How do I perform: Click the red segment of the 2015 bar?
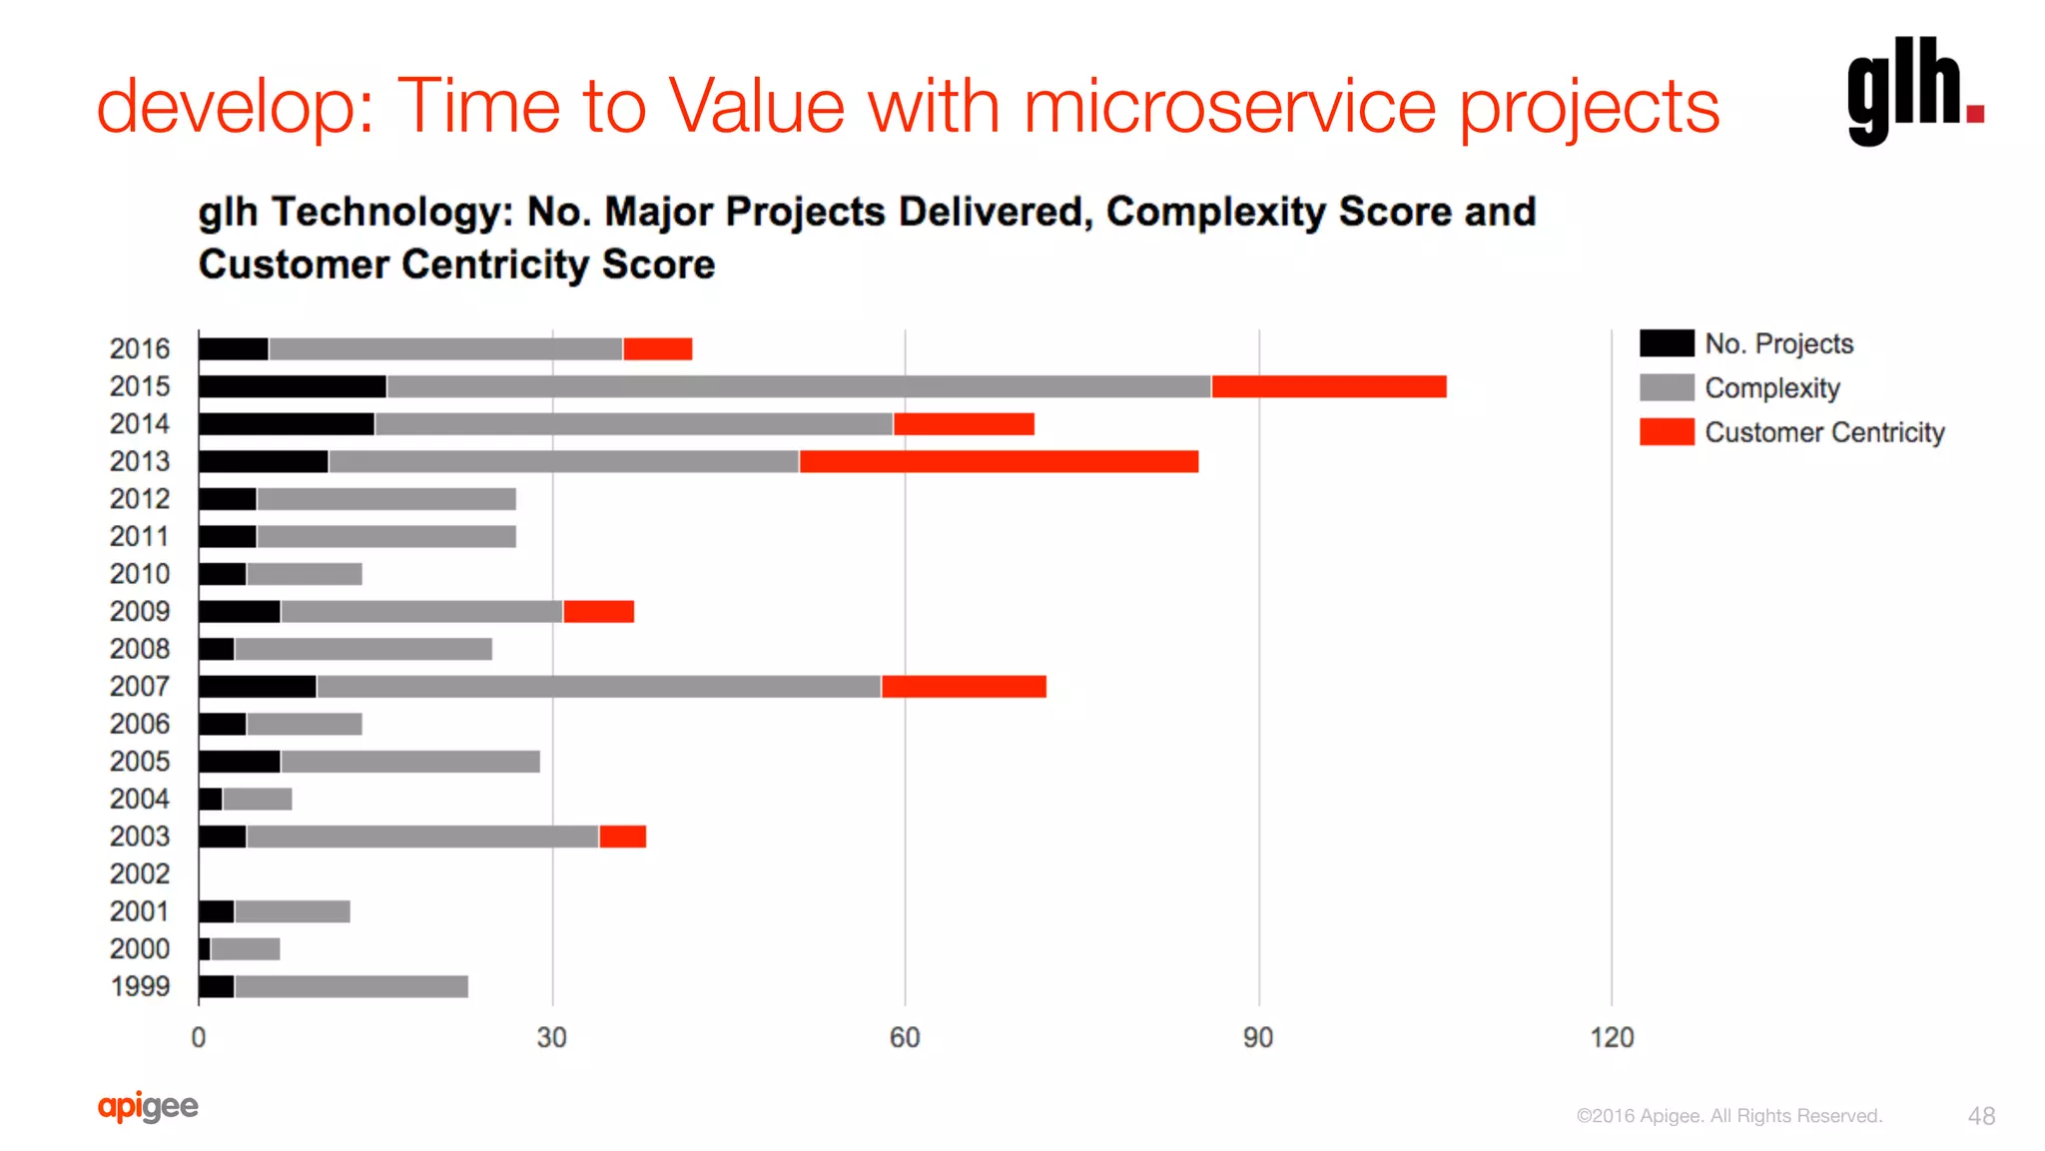(1328, 386)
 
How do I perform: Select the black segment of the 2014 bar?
(287, 424)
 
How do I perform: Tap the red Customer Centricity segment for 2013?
(999, 461)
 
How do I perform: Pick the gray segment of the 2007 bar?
(599, 687)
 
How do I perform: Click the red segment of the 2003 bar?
(622, 837)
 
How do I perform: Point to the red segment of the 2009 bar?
(598, 612)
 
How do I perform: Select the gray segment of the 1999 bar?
(351, 986)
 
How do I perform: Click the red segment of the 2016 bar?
(657, 349)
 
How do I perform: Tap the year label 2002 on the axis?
(140, 874)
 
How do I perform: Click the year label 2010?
(140, 574)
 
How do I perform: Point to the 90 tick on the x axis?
(1258, 1038)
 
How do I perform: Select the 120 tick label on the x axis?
(1612, 1038)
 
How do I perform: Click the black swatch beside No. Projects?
(1667, 343)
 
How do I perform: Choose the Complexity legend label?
(1771, 388)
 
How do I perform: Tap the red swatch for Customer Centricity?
(1667, 432)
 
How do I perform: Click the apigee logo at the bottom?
(148, 1106)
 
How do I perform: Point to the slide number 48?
(1981, 1116)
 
